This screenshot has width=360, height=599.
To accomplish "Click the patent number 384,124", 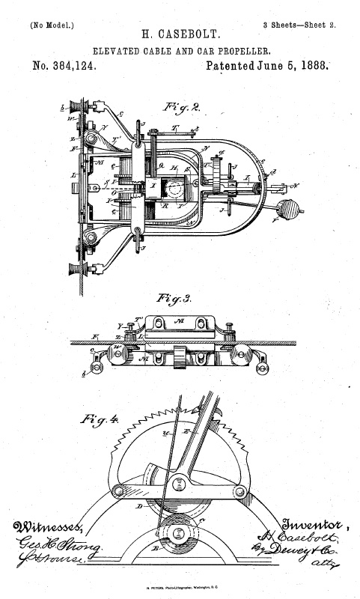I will [x=64, y=66].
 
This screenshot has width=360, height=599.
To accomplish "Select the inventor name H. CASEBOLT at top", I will [x=180, y=35].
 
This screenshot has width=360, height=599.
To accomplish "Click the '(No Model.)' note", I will [x=52, y=25].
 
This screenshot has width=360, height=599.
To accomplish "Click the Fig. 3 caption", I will [x=173, y=298].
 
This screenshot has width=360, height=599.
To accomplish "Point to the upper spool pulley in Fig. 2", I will [x=76, y=106].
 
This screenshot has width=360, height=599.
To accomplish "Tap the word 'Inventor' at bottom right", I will [x=310, y=522].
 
